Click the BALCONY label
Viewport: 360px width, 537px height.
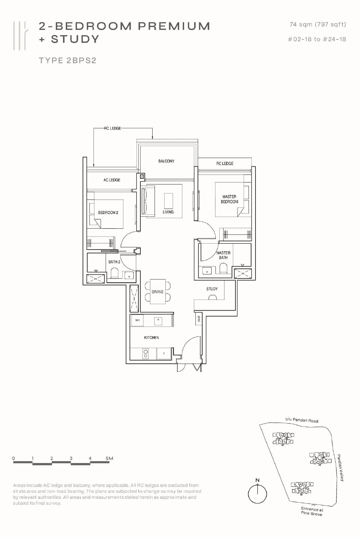[166, 161]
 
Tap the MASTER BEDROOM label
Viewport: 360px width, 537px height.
[229, 199]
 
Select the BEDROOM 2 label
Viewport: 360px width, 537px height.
[108, 212]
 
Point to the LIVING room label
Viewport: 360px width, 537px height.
[168, 212]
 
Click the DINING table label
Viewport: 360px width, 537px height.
[157, 292]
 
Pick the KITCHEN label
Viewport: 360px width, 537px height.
[151, 338]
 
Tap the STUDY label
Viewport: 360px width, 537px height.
[212, 289]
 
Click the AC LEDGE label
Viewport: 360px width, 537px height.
[112, 180]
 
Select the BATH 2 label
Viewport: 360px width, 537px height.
[114, 262]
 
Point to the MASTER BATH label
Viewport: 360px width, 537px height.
[223, 255]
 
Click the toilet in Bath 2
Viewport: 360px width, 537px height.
[114, 273]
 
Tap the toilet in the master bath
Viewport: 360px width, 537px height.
[223, 268]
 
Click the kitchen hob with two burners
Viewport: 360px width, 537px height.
[145, 354]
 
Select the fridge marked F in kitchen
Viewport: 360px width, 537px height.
[164, 354]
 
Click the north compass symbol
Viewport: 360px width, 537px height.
[257, 493]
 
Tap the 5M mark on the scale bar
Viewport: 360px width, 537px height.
[109, 458]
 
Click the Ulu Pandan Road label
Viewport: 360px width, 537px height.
[302, 420]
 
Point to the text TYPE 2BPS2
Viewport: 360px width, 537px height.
[67, 61]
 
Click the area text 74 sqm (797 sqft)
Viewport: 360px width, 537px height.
[318, 25]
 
